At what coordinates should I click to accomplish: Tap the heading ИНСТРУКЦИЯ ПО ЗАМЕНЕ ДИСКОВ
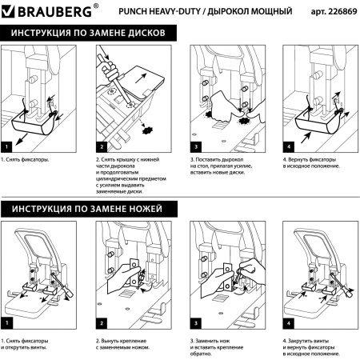tap(87, 35)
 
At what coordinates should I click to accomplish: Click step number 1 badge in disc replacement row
tap(7, 147)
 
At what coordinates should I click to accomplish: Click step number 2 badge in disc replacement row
tap(102, 147)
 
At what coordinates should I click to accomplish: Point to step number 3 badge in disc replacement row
tap(196, 147)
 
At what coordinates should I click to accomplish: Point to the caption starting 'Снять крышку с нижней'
tap(130, 174)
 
